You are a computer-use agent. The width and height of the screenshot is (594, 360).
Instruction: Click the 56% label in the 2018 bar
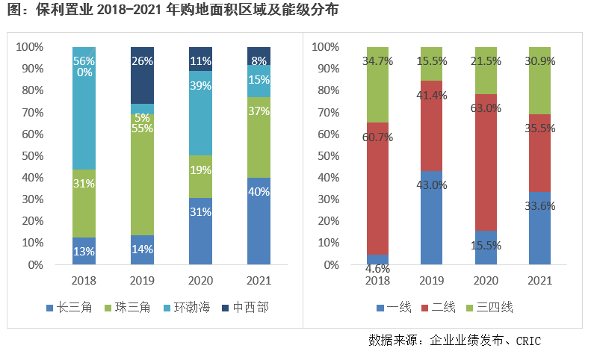pos(84,61)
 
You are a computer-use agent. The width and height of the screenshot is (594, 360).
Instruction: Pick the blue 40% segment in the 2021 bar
pos(259,222)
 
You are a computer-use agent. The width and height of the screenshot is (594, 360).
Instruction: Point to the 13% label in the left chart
pos(84,252)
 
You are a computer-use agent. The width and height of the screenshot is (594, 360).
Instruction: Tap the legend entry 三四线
pos(495,307)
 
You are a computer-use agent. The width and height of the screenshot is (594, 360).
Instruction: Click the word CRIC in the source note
pos(527,341)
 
